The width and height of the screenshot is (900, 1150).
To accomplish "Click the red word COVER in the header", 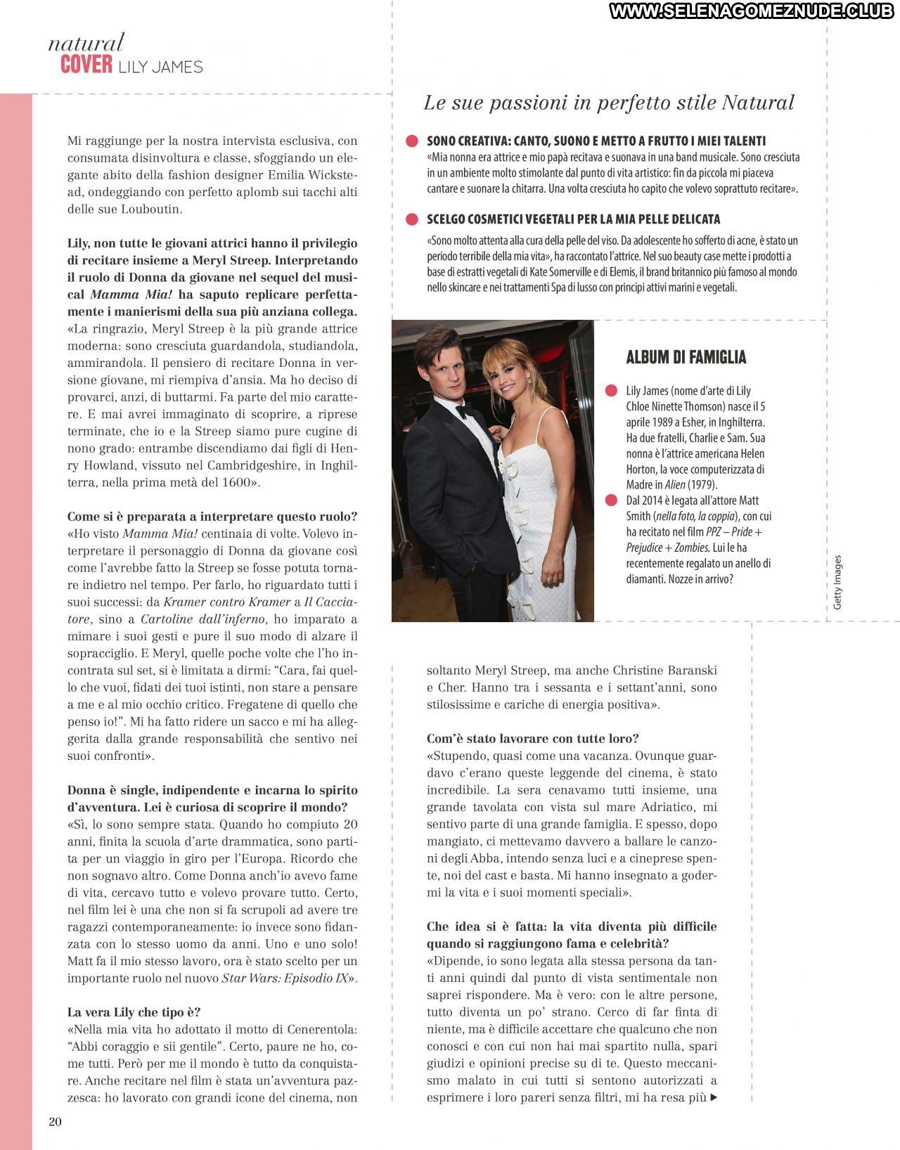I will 86,65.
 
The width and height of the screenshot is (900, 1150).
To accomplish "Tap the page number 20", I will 55,1121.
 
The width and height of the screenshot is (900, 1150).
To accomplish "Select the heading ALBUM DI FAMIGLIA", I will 686,357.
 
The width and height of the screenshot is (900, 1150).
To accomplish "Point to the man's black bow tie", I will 462,411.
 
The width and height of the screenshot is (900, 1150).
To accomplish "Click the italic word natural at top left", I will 86,43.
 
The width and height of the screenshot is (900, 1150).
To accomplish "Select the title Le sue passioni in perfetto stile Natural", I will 608,103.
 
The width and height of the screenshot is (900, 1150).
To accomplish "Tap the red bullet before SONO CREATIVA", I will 412,141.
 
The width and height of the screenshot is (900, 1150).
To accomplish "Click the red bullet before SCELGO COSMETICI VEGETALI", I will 412,219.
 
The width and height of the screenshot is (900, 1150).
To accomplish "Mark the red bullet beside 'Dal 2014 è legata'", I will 609,500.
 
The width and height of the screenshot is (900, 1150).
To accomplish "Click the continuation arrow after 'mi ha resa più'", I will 714,1097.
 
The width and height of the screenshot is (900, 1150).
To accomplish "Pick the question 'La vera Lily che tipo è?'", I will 134,1012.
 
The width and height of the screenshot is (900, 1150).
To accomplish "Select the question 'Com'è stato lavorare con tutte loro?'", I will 532,739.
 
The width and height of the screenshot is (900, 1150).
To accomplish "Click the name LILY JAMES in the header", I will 160,67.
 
